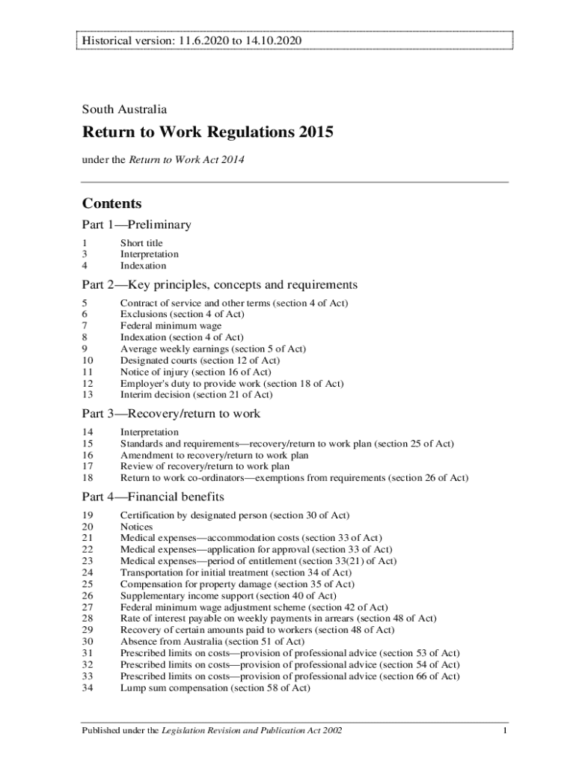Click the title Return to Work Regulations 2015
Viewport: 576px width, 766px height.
(207, 133)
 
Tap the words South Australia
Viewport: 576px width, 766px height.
(124, 109)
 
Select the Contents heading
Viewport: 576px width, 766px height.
(111, 203)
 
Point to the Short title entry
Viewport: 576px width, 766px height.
(141, 243)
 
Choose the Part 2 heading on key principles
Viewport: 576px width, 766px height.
(219, 285)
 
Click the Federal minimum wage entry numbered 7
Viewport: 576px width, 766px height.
(171, 326)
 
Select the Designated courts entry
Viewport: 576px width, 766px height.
(200, 361)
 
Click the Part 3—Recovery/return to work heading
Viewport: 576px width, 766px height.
(171, 414)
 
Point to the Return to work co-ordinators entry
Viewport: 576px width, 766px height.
(294, 478)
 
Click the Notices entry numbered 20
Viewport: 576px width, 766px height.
(136, 527)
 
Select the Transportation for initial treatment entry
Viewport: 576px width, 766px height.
(236, 573)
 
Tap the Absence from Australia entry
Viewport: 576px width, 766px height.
(212, 641)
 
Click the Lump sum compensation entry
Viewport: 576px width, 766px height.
(215, 687)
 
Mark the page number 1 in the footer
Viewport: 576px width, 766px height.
(506, 730)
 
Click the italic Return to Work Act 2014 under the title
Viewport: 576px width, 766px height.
(187, 159)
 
